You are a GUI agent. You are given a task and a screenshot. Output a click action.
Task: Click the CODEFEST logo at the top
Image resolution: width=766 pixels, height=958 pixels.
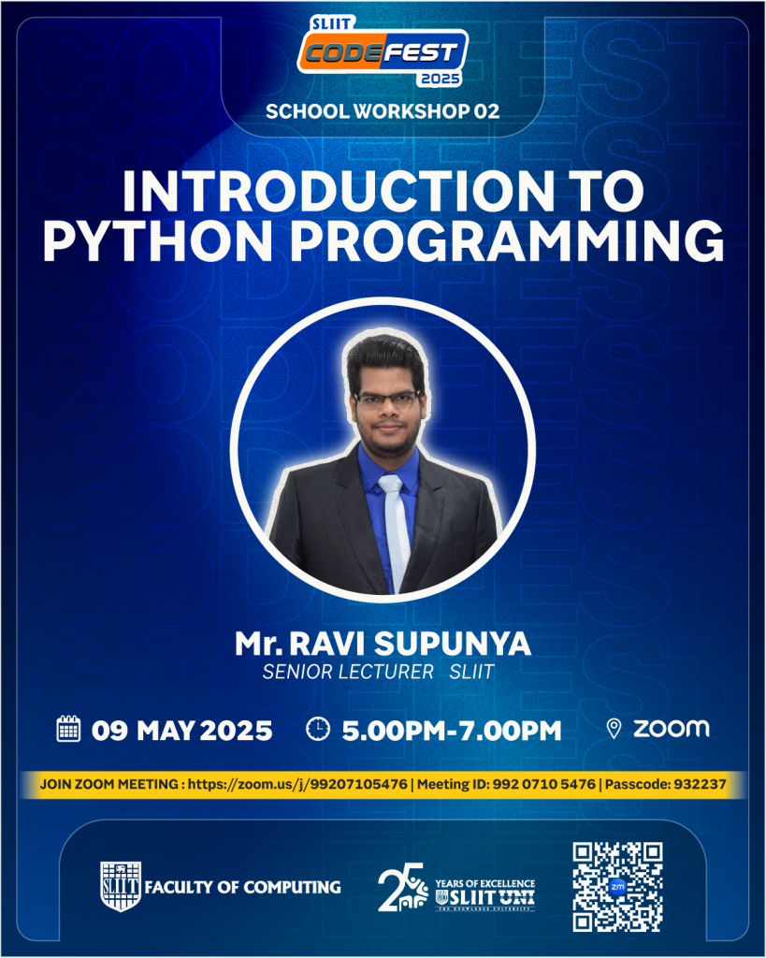click(x=383, y=51)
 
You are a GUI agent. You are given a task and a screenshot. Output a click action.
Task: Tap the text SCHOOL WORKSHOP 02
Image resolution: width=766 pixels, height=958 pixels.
click(x=383, y=111)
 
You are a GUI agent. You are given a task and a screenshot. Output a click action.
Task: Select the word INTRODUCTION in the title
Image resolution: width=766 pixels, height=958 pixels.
click(x=338, y=191)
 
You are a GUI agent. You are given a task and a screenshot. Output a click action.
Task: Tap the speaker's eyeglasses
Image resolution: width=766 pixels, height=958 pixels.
click(x=386, y=400)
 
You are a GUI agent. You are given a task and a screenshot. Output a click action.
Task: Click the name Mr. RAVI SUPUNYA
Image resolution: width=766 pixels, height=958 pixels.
click(x=383, y=644)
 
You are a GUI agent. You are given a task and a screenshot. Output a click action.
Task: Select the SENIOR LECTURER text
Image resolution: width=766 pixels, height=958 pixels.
click(x=348, y=672)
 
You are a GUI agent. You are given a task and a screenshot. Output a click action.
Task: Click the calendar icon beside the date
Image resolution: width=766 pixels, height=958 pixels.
click(x=68, y=729)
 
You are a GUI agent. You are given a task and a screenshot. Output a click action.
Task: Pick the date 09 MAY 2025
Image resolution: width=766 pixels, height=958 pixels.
click(x=182, y=731)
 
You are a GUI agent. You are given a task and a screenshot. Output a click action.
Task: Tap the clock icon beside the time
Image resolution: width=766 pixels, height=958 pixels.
click(x=318, y=729)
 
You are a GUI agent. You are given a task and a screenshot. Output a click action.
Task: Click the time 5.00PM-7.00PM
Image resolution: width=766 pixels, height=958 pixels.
click(x=452, y=731)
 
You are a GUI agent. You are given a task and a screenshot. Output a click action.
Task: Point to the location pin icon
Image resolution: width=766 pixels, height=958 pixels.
click(x=614, y=728)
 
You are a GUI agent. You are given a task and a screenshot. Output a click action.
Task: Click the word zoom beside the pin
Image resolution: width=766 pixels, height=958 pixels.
click(x=672, y=728)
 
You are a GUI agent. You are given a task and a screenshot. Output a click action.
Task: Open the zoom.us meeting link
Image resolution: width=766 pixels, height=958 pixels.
click(x=297, y=785)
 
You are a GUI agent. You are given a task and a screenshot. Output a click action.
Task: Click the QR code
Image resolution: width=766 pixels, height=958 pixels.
click(x=617, y=887)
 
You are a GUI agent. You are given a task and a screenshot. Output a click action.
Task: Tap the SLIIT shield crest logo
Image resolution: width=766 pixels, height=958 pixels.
click(x=121, y=887)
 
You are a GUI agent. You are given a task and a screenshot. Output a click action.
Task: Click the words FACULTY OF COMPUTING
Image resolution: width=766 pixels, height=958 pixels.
click(x=242, y=887)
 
